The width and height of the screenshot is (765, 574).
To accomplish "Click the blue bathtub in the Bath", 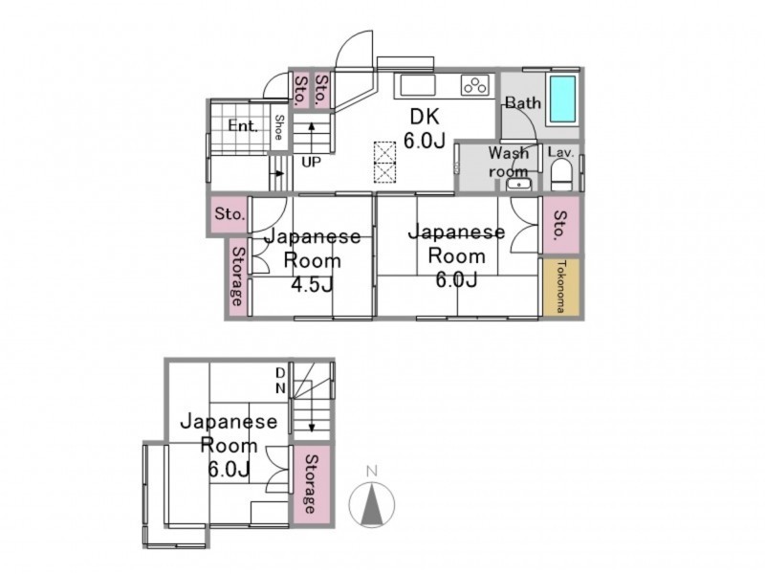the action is click(562, 99).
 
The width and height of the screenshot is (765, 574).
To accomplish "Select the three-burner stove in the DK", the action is click(474, 86).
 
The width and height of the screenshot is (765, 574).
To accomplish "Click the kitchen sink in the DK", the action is click(418, 85).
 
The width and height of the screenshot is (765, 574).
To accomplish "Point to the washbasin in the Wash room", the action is click(518, 185).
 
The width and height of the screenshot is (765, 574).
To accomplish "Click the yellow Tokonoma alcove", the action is click(561, 286).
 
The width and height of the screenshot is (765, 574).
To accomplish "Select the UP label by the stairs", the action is click(312, 162).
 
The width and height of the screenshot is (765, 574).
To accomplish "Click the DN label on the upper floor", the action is click(280, 381).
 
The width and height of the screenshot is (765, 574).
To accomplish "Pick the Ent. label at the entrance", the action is click(243, 126).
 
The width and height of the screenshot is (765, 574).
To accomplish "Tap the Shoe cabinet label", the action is click(279, 127).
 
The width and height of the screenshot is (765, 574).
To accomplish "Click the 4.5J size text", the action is click(313, 284).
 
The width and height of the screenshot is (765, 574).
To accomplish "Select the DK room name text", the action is click(425, 117).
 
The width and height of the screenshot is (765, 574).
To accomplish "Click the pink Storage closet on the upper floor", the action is click(312, 484).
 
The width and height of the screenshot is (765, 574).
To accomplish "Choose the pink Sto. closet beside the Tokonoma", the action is click(561, 225).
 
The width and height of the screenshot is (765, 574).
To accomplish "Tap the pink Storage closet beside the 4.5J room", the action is click(238, 276).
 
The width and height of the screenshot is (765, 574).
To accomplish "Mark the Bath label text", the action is click(523, 103).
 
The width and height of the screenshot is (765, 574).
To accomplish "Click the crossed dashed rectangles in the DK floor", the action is click(384, 162).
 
